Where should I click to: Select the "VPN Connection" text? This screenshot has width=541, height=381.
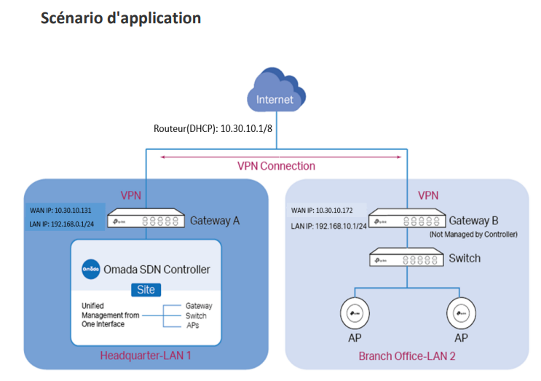click(276, 165)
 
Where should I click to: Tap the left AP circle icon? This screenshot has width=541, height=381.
click(356, 315)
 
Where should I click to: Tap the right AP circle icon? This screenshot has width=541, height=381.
click(461, 315)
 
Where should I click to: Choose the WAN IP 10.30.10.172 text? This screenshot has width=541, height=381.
click(323, 211)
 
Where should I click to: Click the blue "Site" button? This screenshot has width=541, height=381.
click(146, 289)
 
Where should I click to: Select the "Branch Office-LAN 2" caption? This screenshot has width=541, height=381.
click(407, 356)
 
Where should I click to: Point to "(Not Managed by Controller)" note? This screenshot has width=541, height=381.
click(473, 234)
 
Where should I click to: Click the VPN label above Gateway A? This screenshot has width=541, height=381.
click(132, 196)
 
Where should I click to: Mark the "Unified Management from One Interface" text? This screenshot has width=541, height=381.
click(108, 315)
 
